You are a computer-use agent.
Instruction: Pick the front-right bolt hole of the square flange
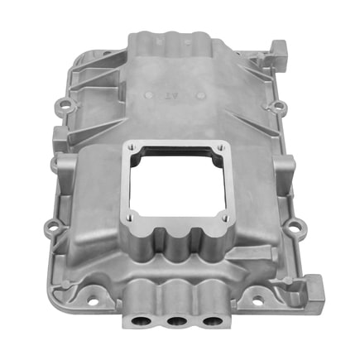pos(226,217)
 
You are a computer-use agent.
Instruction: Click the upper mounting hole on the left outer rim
pos(64,105)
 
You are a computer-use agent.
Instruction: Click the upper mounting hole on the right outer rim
pos(280,105)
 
